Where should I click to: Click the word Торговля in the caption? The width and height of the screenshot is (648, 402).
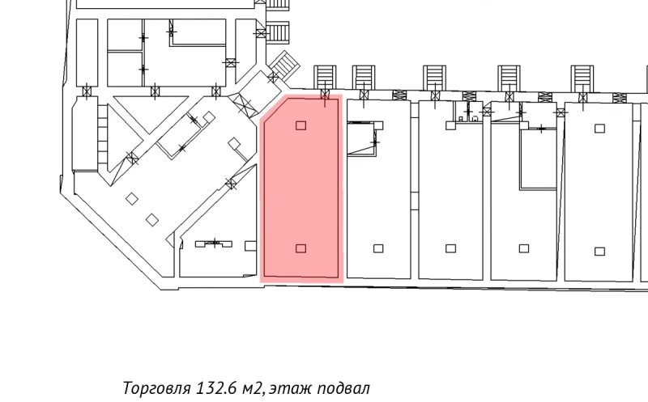click(156, 387)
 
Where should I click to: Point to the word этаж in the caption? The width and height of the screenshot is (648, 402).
click(285, 388)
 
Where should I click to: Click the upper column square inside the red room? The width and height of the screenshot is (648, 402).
click(301, 125)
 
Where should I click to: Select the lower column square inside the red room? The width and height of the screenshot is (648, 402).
click(301, 248)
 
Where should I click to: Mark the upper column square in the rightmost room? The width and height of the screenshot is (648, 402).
click(599, 128)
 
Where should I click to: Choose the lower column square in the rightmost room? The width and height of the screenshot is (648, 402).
click(599, 250)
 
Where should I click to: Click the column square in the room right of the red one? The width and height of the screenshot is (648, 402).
click(377, 248)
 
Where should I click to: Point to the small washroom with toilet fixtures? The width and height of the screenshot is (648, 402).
click(467, 113)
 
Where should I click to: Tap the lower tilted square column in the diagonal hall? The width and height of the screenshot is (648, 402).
click(151, 218)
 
